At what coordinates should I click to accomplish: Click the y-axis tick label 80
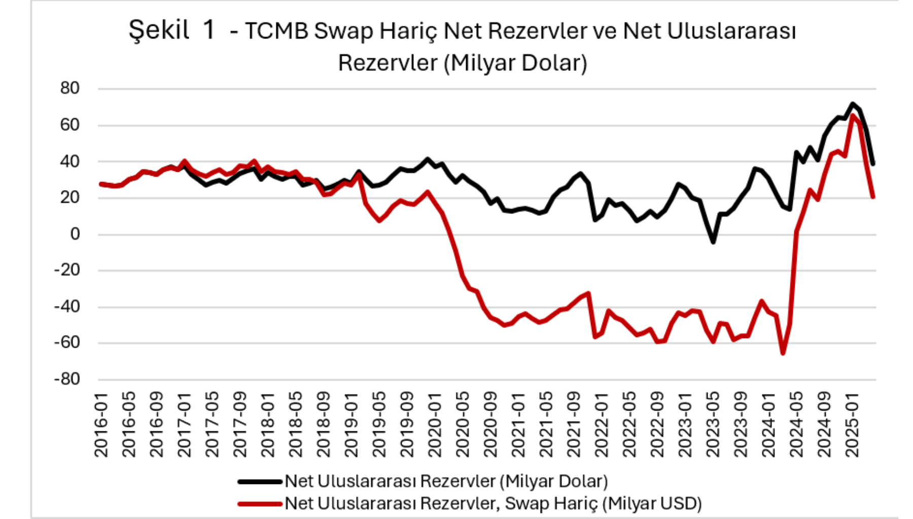70,89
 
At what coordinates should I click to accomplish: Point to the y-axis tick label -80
67,379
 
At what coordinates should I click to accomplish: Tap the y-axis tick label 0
75,234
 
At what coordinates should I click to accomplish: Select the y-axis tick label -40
67,307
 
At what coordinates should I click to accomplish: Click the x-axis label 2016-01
101,424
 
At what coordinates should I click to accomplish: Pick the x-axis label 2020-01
435,424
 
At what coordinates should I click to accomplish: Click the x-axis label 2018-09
324,424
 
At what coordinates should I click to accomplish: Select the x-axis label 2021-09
574,424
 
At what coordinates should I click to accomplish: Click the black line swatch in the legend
260,481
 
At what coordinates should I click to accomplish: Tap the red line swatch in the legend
260,504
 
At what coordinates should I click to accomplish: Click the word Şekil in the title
159,30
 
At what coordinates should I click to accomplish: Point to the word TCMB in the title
276,31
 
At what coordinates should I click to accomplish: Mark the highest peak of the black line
853,104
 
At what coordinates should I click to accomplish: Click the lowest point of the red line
783,353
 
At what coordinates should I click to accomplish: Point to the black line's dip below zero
713,242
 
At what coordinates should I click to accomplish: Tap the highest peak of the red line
853,116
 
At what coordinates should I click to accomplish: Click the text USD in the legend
673,504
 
